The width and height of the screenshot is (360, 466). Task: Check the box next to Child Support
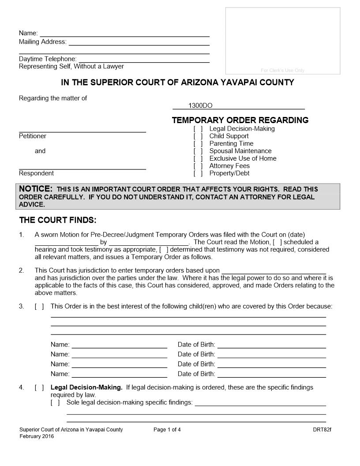click(x=198, y=136)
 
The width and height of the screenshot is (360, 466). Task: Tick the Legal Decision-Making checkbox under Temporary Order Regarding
click(x=198, y=129)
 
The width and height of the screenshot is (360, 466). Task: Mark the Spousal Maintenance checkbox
click(x=198, y=151)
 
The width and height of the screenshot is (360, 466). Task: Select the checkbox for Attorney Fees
click(x=198, y=166)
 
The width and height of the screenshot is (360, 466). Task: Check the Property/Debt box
click(x=198, y=174)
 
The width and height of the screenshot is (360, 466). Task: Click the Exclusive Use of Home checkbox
click(x=198, y=159)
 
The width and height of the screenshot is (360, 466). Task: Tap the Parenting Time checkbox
click(x=198, y=144)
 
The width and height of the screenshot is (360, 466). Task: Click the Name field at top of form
click(x=124, y=33)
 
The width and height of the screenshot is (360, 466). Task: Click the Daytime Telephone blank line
click(x=143, y=59)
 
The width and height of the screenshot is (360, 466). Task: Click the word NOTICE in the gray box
click(x=36, y=189)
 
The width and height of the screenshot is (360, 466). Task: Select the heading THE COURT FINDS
click(x=58, y=220)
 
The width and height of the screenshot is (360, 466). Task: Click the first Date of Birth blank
click(x=271, y=345)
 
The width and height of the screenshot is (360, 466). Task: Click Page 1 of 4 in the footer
click(x=167, y=430)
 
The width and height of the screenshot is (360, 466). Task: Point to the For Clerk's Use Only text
click(x=282, y=71)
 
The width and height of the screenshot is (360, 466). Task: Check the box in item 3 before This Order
click(x=39, y=307)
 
